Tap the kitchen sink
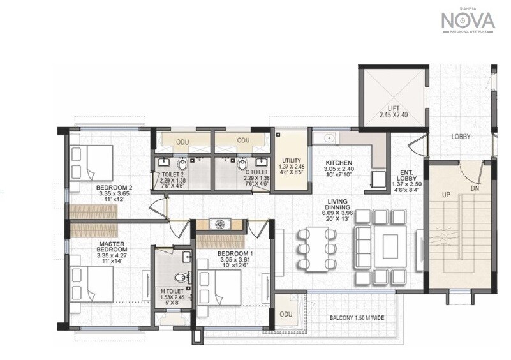(330, 137)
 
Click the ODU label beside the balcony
(286, 314)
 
